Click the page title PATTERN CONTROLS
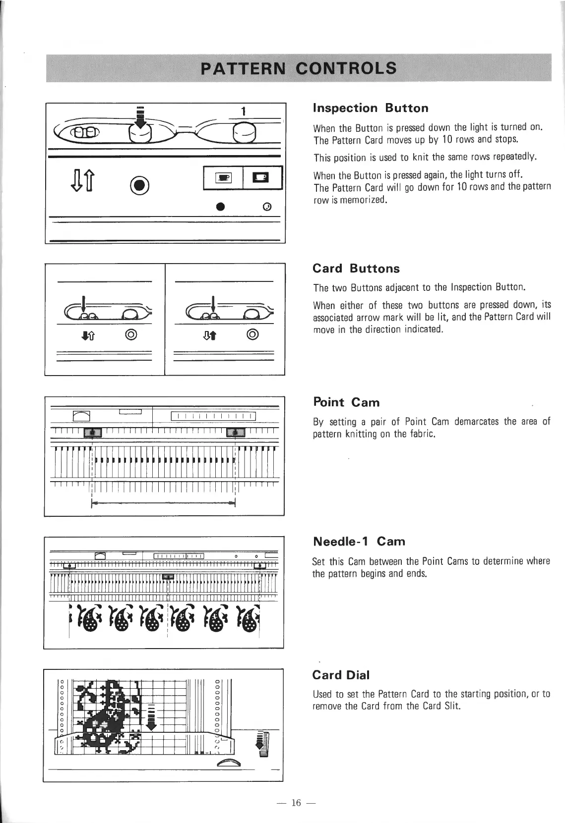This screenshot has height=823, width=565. tap(300, 67)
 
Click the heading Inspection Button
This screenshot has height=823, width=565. tap(371, 108)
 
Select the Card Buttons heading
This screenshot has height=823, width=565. tap(356, 269)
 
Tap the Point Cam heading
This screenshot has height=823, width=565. tap(346, 402)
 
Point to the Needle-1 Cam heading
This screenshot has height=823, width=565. tap(359, 541)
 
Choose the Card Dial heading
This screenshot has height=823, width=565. tap(341, 675)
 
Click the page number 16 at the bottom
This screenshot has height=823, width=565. tap(297, 803)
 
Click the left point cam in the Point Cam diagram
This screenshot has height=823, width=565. tap(93, 433)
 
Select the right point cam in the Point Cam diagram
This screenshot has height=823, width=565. tap(235, 433)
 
